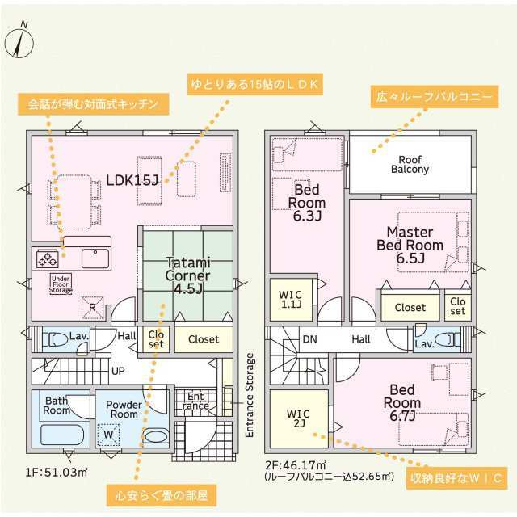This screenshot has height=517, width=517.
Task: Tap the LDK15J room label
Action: (x=132, y=180)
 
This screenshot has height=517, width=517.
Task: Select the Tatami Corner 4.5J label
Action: (x=187, y=275)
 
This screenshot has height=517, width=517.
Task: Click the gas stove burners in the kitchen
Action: (x=48, y=259)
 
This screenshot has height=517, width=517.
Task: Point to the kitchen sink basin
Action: (x=95, y=258)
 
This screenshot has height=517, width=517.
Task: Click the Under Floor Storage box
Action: (x=61, y=284)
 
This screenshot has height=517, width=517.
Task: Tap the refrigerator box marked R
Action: (x=92, y=308)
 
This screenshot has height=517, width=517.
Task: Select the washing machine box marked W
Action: (x=108, y=435)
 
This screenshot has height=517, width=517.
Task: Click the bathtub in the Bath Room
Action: (x=62, y=435)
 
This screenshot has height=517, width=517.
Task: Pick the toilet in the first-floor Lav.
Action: (x=56, y=339)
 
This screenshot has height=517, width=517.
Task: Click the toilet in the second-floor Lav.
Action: (x=447, y=339)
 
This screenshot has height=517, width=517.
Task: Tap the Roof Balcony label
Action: (x=410, y=164)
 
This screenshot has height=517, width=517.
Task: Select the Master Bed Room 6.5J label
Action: (x=410, y=245)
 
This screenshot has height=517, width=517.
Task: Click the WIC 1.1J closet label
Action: (x=291, y=299)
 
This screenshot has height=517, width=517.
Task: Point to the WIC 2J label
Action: (x=298, y=418)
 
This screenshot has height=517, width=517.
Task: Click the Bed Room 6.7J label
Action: (x=402, y=402)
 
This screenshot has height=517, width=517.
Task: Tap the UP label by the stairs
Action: (x=118, y=372)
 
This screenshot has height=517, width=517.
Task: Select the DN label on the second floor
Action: (x=310, y=339)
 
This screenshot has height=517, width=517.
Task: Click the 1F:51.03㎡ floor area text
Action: (x=57, y=473)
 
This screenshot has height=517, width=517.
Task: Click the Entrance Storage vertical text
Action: (x=250, y=395)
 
